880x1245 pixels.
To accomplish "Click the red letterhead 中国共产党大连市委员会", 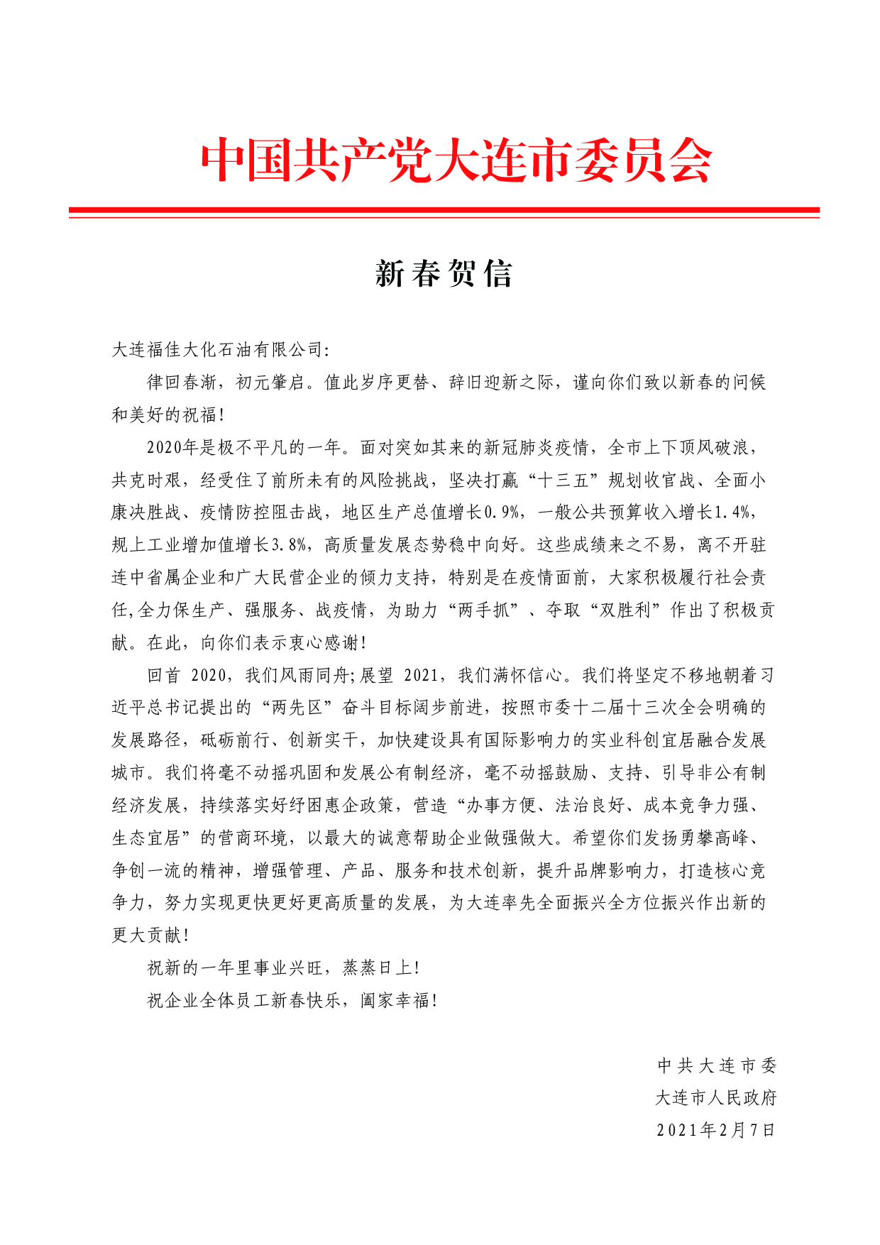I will click(x=456, y=160).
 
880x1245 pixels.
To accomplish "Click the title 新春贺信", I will click(x=444, y=274).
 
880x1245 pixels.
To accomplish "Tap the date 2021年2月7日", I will click(x=716, y=1131).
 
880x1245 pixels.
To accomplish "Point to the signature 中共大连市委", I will click(x=717, y=1065).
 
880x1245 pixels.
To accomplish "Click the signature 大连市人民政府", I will click(x=716, y=1098).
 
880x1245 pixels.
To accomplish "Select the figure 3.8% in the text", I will click(x=290, y=545).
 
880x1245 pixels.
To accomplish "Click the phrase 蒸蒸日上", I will click(x=377, y=968).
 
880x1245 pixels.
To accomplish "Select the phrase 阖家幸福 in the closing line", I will click(x=395, y=1001).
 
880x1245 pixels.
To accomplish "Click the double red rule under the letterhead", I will click(x=444, y=212).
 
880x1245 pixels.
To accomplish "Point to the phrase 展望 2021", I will click(x=400, y=675).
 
